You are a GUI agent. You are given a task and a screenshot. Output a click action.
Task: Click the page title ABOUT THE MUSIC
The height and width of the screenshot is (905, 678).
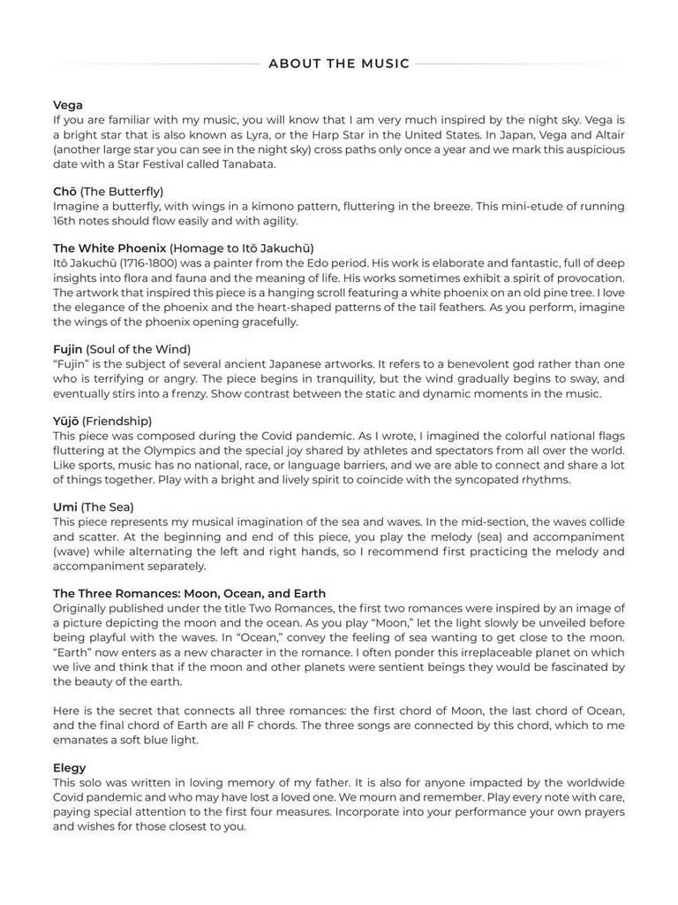339,64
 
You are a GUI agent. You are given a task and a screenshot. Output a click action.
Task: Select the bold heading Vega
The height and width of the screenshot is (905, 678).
68,105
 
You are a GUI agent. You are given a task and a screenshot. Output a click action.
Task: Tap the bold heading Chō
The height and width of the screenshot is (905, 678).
64,191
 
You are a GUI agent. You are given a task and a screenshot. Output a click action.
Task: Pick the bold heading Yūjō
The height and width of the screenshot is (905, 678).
66,422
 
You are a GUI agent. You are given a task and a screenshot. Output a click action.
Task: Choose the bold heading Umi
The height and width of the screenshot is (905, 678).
65,507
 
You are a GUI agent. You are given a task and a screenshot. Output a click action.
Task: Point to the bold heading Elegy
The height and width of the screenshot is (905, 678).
70,768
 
